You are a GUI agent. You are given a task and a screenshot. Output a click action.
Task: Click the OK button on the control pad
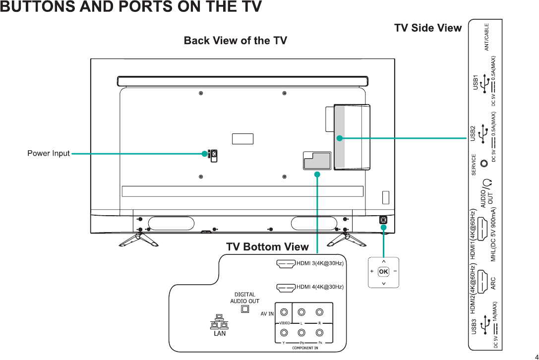pos(383,271)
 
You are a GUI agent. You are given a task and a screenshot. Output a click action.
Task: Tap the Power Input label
pos(49,154)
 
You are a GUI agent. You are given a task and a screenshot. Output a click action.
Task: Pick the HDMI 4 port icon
pos(286,287)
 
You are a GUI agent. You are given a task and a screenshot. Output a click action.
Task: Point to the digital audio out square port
pos(244,309)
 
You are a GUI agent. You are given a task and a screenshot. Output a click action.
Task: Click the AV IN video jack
pos(284,313)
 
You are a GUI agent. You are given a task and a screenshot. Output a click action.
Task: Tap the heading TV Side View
pos(428,28)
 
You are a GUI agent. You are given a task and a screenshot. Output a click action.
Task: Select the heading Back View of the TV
pos(236,41)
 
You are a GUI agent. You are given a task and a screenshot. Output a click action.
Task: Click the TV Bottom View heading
pos(267,247)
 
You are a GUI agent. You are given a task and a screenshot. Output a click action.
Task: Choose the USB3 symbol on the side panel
pos(484,326)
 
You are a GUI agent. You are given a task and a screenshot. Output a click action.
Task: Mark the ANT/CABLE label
pos(487,37)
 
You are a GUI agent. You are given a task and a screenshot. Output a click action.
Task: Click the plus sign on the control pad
pos(372,271)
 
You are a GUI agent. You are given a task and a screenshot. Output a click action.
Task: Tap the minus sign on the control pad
pos(395,271)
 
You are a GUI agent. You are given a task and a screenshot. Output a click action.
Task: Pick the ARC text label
pos(493,283)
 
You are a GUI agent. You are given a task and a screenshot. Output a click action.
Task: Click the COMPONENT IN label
pos(305,348)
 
